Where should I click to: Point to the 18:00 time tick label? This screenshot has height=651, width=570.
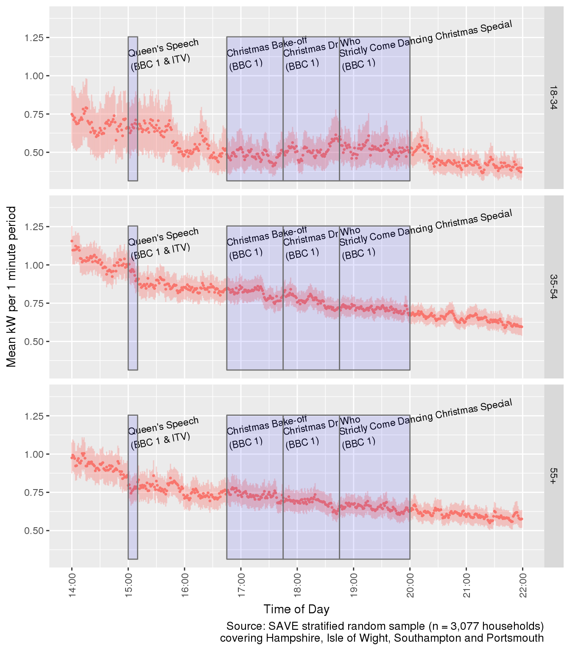[x=297, y=586]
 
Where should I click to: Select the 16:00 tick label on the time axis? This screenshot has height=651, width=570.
[x=184, y=586]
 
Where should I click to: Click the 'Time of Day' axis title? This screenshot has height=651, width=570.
[x=296, y=609]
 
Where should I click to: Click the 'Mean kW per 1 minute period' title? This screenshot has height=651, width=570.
[x=11, y=287]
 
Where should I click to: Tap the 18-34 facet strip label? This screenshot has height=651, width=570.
[x=553, y=98]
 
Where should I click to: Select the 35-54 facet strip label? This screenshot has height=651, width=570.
[x=553, y=287]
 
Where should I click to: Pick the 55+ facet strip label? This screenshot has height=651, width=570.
[x=553, y=476]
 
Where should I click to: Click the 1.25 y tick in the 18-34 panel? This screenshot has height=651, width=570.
[x=34, y=38]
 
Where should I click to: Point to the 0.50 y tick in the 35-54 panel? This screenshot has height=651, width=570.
[x=34, y=342]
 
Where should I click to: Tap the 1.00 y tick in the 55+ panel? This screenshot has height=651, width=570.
[x=34, y=454]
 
